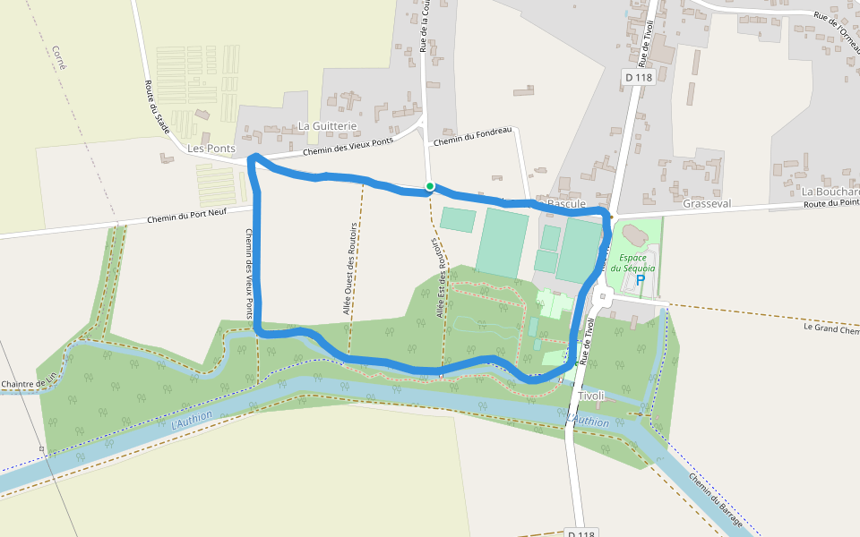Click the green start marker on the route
pos(430,186)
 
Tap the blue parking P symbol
pos(641,280)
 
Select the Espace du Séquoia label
pos(632,261)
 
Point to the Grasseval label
pos(707,203)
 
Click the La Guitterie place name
pos(327,126)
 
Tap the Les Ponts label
pos(211,148)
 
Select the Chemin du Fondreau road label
pos(471,136)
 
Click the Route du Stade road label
pos(157,107)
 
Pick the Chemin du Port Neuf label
pos(186,216)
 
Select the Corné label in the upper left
pos(60,57)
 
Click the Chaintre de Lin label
pos(29,385)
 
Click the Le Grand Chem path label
pos(830,328)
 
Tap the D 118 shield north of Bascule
pos(639,78)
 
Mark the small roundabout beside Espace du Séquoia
pos(602,296)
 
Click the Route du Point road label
pos(830,203)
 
